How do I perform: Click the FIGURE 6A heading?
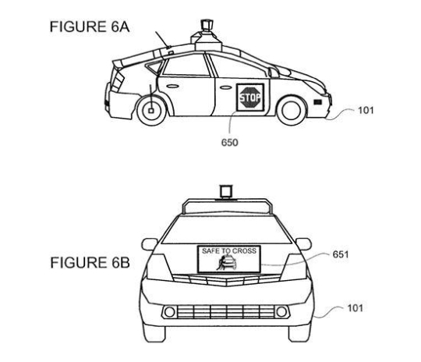(90, 27)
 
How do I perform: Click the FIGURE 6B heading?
(90, 263)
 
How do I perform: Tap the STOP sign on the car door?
(250, 98)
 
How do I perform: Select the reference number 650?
(229, 142)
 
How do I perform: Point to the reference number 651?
(341, 254)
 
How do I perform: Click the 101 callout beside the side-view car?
(366, 110)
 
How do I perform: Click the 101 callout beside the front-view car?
(355, 308)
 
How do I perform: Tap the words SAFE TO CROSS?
(229, 251)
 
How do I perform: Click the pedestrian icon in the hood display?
(221, 263)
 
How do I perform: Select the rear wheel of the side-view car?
(151, 111)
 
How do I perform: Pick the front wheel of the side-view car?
(292, 110)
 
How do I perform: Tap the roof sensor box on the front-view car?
(226, 191)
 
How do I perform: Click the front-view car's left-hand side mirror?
(149, 244)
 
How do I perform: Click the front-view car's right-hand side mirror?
(303, 244)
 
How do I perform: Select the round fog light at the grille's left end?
(169, 312)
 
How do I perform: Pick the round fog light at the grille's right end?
(281, 312)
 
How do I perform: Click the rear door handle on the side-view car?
(172, 87)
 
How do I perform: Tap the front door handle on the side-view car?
(225, 87)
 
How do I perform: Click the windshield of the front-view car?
(226, 229)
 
